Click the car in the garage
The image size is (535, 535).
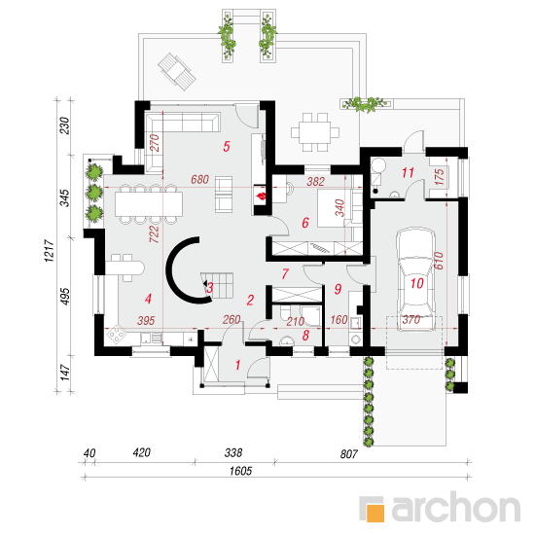click(x=416, y=280)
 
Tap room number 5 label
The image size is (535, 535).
click(x=227, y=147)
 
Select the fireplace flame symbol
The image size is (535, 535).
click(x=262, y=196)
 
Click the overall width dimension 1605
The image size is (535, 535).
click(x=240, y=471)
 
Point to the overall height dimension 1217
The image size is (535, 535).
click(x=50, y=250)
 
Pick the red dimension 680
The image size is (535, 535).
click(x=199, y=179)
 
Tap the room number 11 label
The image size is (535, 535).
click(x=408, y=172)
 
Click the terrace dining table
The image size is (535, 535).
click(x=314, y=132)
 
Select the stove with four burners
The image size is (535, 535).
click(x=116, y=335)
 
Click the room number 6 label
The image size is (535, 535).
click(x=305, y=223)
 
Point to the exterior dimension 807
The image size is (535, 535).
click(x=348, y=454)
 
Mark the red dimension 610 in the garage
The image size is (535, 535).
click(x=439, y=261)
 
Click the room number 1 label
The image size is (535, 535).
click(x=237, y=365)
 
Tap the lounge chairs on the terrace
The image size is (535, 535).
click(x=177, y=72)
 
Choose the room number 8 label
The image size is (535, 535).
click(x=305, y=336)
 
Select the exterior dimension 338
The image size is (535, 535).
click(x=233, y=452)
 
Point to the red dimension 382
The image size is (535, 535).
click(x=315, y=181)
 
